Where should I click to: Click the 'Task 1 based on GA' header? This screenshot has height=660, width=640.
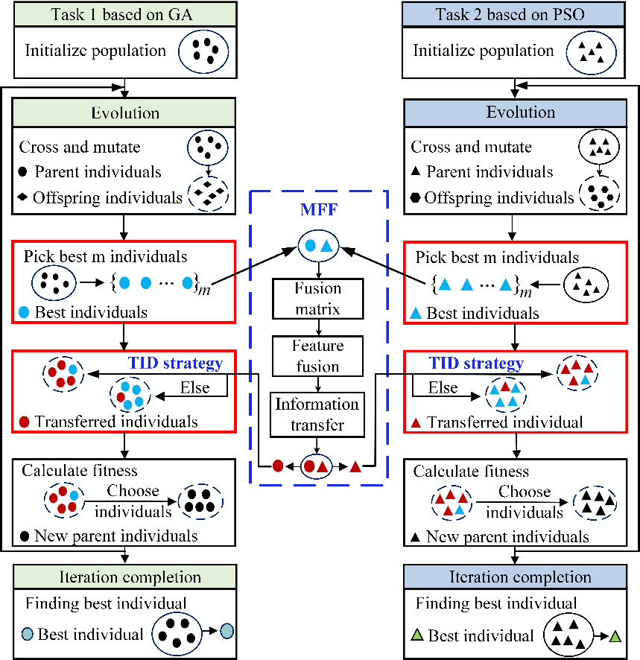[x=124, y=13]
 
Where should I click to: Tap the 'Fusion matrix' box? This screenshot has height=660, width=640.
[x=319, y=297]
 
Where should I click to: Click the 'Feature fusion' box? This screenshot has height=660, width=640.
[x=319, y=355]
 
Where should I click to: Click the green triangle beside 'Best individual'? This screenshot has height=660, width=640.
[x=418, y=636]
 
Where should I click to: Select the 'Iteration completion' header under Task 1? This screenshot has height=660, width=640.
[x=124, y=577]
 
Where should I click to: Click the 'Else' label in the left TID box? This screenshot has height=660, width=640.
[x=195, y=388]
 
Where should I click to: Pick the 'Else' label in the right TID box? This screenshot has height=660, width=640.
[x=443, y=388]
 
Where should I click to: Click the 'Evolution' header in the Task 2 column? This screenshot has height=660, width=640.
[x=515, y=112]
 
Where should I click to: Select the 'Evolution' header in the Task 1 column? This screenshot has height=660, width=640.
[x=124, y=112]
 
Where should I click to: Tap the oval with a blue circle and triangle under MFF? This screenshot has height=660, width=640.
[x=319, y=244]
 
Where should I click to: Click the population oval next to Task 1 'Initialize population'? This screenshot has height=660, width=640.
[x=203, y=51]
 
